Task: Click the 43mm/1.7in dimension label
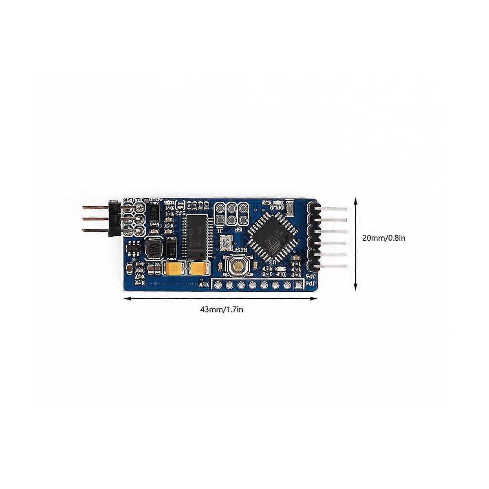pos(222,309)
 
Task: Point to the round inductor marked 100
pos(153,248)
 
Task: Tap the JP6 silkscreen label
pos(311,284)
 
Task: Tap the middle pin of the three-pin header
pos(98,219)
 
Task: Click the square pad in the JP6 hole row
pos(300,285)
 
